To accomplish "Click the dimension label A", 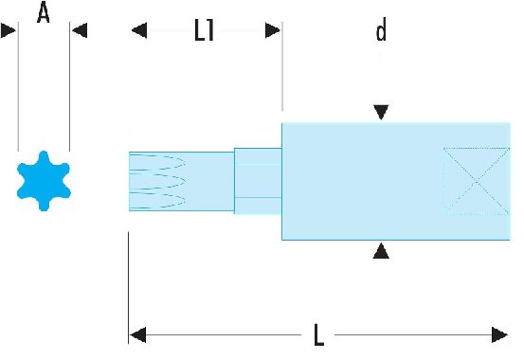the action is pos(44,12).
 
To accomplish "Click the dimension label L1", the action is pos(204,30).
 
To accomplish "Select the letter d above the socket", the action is pos(381,29).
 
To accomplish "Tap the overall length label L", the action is pos(318,334).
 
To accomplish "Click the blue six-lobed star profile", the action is pos(44,181).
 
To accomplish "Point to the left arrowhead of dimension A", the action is pos(9,30).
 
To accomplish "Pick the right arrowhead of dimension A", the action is pos(80,30).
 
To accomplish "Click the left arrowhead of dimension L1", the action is pos(139,30).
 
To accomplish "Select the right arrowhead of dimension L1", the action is pos(273,30).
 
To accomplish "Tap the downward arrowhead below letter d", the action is pos(381,112).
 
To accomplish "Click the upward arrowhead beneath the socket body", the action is pos(381,251).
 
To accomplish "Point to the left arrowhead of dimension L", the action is pos(137,334).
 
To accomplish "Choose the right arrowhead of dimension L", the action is pos(499,334).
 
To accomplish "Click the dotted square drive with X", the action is pos(477,181).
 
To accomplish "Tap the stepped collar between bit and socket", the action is pos(258,181).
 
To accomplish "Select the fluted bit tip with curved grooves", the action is pos(182,181).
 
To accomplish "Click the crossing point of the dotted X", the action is pos(477,181).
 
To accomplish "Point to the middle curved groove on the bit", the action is pos(157,181).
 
